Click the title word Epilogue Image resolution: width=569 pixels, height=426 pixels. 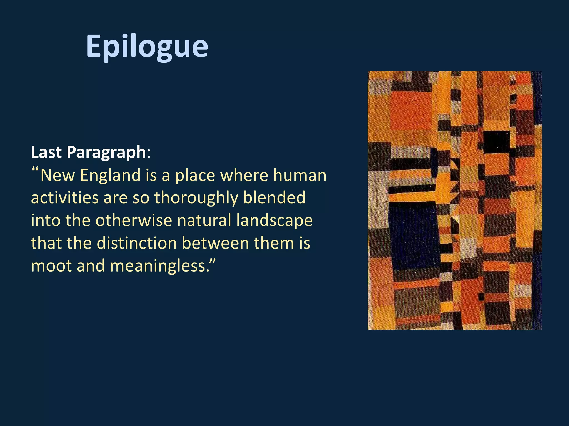147,46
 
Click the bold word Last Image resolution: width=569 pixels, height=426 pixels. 46,152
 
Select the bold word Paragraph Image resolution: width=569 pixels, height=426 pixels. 106,153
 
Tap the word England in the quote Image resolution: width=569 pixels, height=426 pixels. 110,176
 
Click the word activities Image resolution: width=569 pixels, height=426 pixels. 64,198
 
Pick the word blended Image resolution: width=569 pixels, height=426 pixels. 274,198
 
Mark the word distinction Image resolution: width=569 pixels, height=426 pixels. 137,243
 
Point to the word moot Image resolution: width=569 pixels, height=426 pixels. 51,266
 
